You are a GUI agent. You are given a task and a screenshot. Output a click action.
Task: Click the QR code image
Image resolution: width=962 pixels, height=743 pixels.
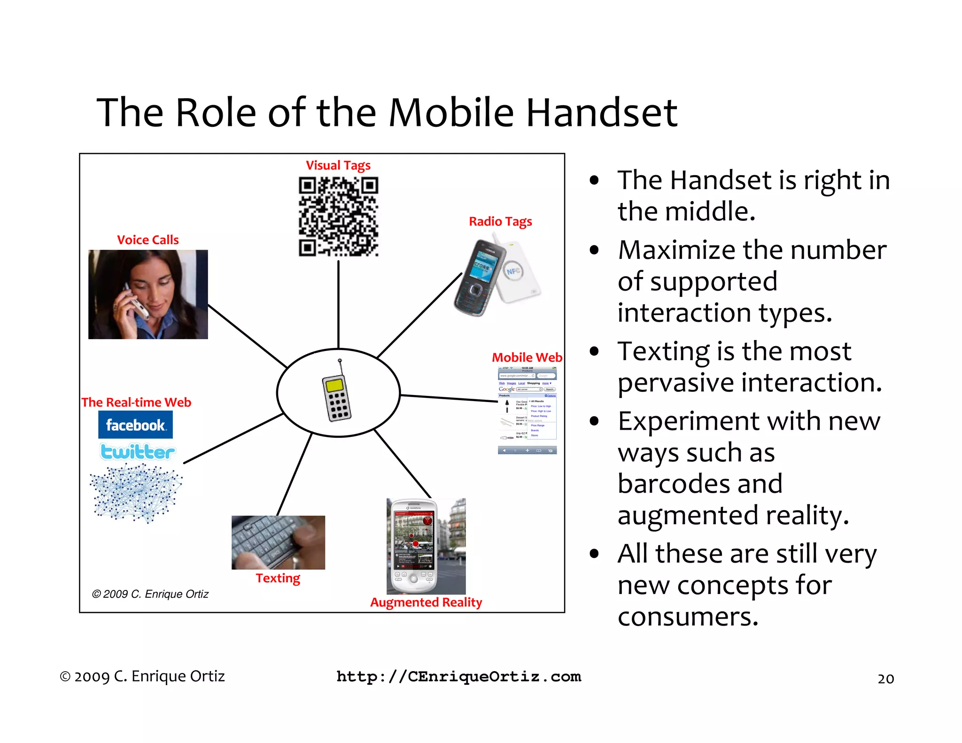(338, 217)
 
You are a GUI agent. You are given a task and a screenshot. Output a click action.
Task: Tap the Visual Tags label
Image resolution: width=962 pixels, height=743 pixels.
(338, 165)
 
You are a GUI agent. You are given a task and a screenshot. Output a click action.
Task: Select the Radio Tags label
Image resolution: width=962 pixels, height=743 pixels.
(500, 221)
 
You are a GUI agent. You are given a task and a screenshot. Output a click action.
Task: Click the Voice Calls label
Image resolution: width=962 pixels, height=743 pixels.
(148, 240)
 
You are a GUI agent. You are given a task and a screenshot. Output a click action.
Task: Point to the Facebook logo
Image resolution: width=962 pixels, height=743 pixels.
(136, 425)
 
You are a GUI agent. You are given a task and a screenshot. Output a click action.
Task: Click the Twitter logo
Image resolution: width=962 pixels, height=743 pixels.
(138, 452)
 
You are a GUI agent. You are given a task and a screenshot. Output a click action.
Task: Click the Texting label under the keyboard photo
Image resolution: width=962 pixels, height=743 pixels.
(278, 578)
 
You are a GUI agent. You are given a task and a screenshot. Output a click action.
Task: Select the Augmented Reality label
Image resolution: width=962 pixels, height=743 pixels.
(426, 602)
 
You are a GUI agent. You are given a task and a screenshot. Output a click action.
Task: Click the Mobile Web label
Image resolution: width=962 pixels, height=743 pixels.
(527, 357)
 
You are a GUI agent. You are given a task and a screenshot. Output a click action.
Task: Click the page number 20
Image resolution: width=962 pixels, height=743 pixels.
(885, 679)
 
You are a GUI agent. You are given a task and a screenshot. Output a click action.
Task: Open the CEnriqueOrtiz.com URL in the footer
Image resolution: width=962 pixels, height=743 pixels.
(459, 677)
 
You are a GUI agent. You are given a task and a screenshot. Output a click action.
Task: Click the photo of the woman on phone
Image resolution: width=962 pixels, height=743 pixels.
(148, 294)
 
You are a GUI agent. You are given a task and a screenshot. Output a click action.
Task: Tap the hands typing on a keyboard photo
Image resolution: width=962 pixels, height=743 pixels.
(278, 542)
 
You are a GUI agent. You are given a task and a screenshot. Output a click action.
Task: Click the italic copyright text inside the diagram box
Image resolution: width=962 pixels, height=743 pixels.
(150, 594)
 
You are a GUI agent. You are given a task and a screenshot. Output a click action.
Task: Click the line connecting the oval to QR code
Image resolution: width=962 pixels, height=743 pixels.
(338, 305)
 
